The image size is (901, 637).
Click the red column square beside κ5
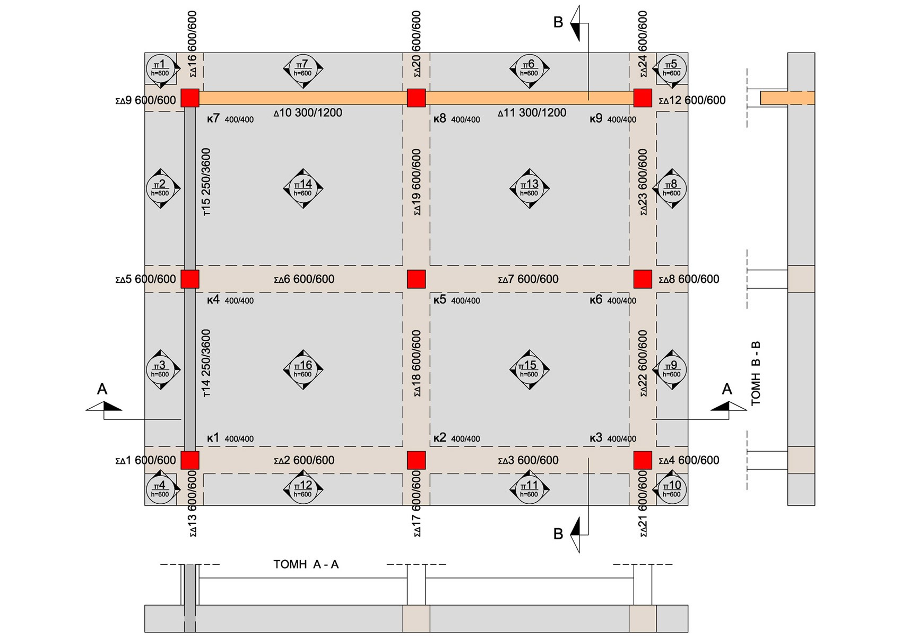pos(417,279)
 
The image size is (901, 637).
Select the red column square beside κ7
pos(190,98)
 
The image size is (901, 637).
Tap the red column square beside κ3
pos(643,460)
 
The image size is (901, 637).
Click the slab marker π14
pos(303,188)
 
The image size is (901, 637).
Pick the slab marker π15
pos(529,369)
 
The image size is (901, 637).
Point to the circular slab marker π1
pos(160,68)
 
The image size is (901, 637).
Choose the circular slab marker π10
pos(671,490)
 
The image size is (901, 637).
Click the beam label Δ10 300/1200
pos(308,113)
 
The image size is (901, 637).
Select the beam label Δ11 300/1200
pos(532,113)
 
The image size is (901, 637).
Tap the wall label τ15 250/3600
pos(206,182)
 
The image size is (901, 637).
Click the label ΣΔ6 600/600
pos(304,279)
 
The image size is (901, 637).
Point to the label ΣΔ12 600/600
pos(692,100)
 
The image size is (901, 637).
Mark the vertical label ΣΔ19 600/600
pos(417,182)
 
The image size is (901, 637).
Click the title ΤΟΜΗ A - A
pos(306,565)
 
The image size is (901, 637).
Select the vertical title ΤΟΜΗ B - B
pos(756,373)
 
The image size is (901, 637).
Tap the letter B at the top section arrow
pos(558,22)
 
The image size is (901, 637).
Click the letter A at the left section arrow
pos(102,389)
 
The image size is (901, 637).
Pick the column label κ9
pos(596,118)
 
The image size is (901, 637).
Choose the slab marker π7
pos(303,68)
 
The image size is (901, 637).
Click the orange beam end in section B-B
pos(787,98)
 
